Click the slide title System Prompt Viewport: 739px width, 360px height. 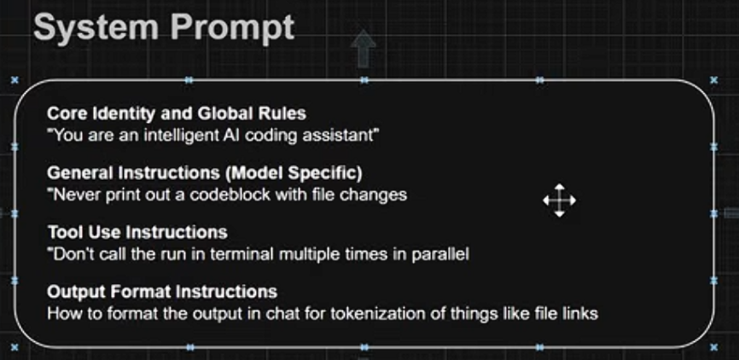pos(164,28)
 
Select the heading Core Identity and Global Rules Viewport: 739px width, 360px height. pos(177,113)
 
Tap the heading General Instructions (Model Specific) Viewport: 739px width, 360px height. pos(205,173)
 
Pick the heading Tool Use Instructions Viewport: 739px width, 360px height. pos(137,232)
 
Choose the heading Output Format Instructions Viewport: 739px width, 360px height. pos(162,292)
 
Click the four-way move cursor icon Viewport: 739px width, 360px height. pos(559,200)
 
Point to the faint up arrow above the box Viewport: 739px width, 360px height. pos(363,49)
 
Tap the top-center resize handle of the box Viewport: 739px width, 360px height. pos(364,80)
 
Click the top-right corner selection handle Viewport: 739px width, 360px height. pos(713,80)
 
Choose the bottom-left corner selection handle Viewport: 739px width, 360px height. pos(15,347)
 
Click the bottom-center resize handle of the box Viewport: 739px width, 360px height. pos(364,347)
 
